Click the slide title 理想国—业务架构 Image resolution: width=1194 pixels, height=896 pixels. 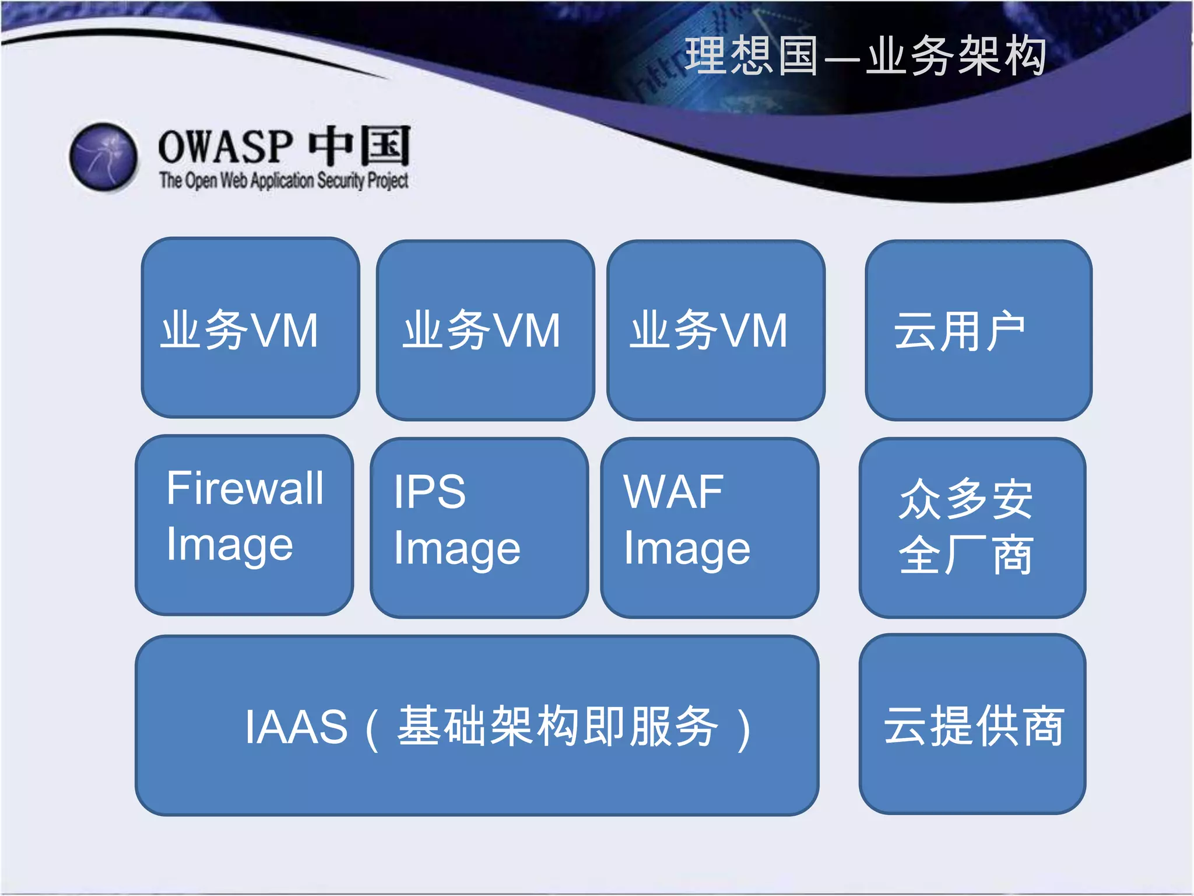point(865,56)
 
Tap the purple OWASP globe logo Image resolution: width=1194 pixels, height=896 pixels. point(103,156)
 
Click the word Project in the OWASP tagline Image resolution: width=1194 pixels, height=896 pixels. point(388,181)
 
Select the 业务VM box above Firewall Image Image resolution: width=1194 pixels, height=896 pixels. point(250,328)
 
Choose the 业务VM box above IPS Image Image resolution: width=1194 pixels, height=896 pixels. point(485,330)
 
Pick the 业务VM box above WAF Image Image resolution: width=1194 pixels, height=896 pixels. point(715,330)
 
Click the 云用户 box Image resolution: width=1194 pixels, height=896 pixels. point(978,330)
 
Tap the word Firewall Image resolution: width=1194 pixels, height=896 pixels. point(245,488)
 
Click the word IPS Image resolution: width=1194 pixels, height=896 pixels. point(430,492)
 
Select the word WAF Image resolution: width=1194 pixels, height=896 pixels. point(673,492)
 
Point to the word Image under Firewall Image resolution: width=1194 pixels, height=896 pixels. point(230,545)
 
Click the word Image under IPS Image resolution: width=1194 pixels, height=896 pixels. point(457,549)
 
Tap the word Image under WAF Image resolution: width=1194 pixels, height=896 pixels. point(687,549)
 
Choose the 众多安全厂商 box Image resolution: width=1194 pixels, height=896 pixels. point(972,527)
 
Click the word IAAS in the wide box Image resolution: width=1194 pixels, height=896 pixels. point(296,727)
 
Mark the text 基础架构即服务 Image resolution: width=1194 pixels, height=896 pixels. point(558,726)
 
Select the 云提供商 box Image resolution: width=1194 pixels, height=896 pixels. point(972,724)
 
